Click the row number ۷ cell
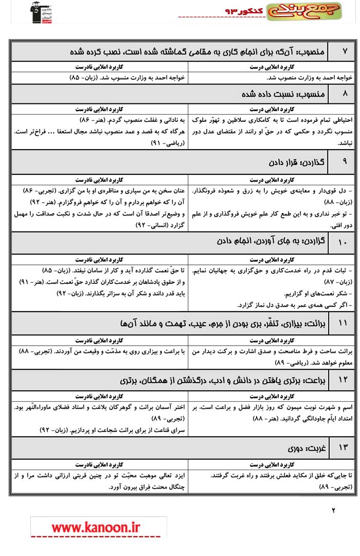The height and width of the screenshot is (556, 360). [x=345, y=51]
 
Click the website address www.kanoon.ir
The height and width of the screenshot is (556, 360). [x=96, y=527]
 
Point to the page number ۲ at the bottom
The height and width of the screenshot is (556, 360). [x=333, y=510]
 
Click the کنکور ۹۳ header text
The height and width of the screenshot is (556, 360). [x=243, y=11]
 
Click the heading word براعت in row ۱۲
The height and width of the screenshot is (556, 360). [x=315, y=381]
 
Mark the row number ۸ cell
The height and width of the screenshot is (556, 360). [x=345, y=94]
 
